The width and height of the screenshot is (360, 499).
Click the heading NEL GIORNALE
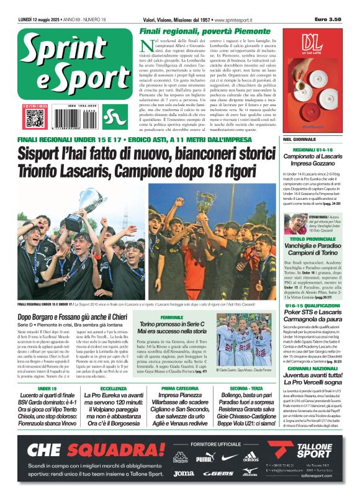point(299,140)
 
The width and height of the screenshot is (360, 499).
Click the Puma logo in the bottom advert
point(204,458)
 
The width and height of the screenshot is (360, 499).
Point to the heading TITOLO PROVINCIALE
point(312,238)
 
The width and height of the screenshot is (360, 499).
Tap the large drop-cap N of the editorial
point(145,45)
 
